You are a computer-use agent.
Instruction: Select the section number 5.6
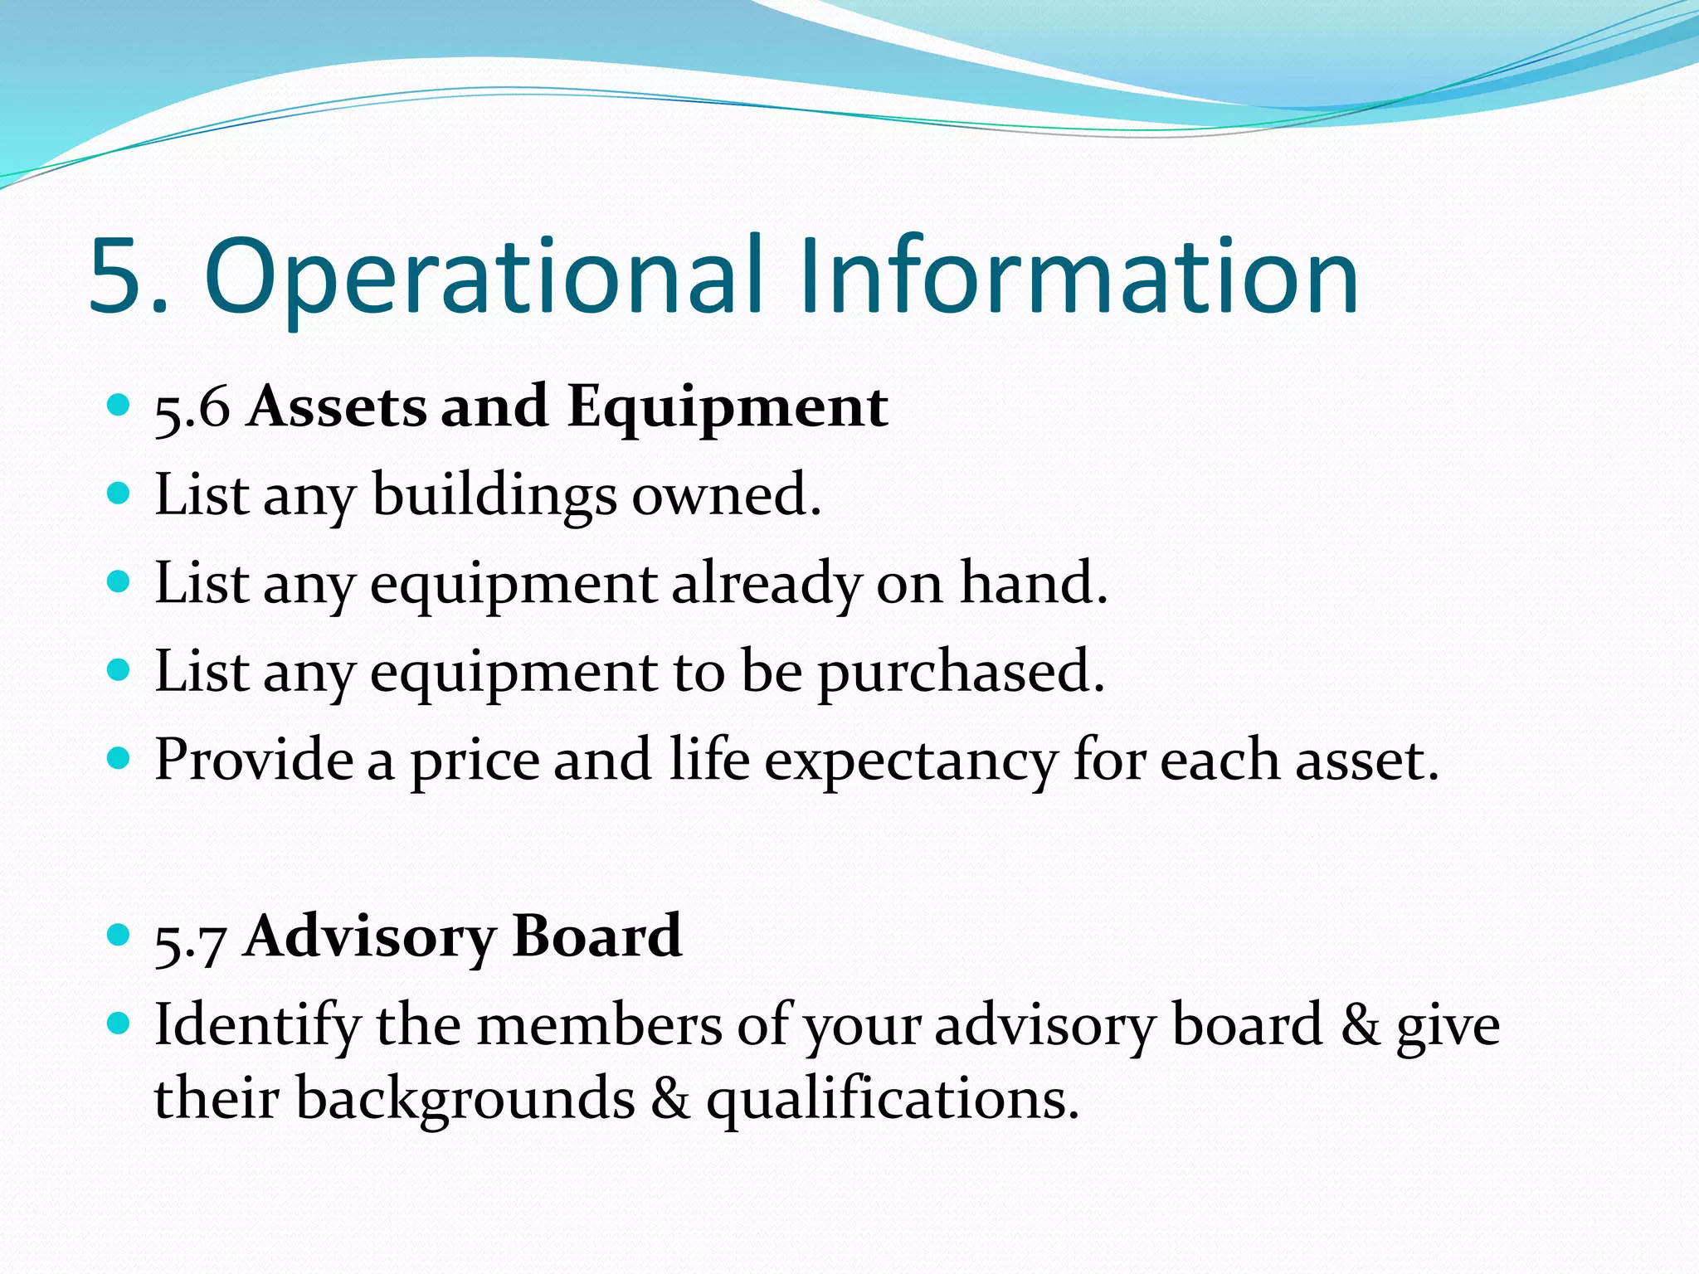point(192,408)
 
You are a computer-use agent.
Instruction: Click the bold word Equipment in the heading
point(728,408)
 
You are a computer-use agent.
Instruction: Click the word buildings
point(494,496)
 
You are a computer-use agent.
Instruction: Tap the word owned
point(727,496)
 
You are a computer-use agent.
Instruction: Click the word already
point(766,585)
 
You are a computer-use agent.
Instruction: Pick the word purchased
point(961,673)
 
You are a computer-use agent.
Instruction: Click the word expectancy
point(911,761)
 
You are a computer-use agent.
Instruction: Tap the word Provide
point(254,760)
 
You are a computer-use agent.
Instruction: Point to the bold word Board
point(597,936)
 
